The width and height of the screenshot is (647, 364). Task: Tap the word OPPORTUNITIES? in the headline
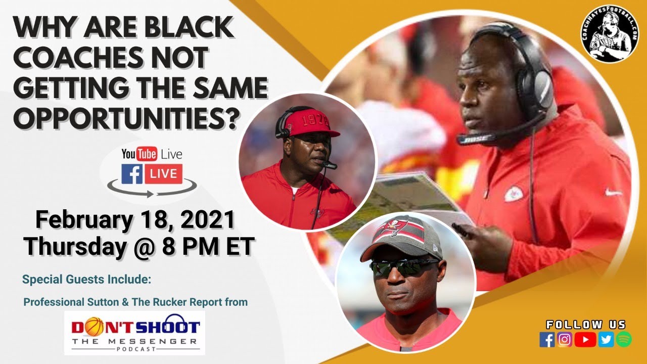click(126, 118)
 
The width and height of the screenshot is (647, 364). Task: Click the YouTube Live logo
click(152, 154)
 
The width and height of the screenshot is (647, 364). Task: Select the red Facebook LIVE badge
click(163, 174)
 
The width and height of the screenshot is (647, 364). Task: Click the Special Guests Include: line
click(87, 279)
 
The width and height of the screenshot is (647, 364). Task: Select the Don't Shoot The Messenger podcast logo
click(135, 332)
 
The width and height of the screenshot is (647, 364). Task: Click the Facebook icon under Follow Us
click(547, 340)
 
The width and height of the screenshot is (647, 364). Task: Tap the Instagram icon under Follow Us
click(565, 340)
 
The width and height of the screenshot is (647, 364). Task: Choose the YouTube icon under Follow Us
click(585, 340)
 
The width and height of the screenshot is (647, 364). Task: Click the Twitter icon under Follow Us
click(606, 340)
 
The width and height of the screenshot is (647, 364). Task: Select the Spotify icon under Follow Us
click(623, 340)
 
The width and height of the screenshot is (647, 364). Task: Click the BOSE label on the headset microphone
click(470, 138)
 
